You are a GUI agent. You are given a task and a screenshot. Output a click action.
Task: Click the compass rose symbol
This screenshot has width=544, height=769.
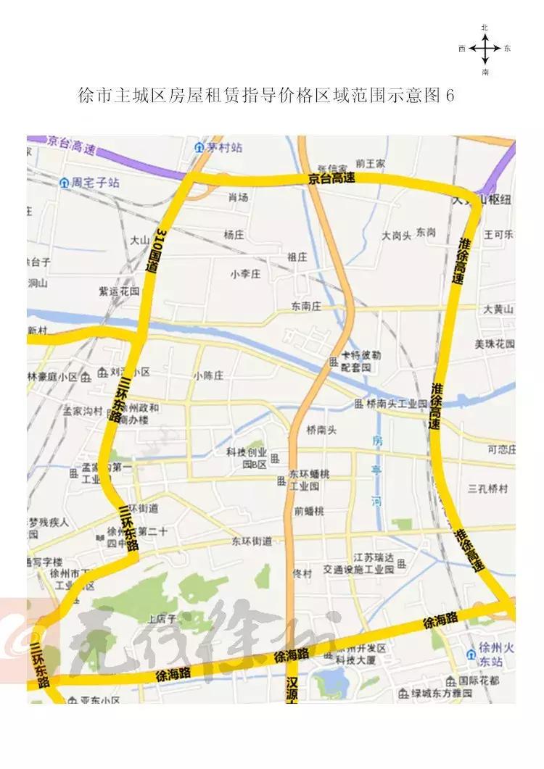coord(485,49)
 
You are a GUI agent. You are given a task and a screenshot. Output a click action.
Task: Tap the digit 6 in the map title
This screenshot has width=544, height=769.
coord(450,96)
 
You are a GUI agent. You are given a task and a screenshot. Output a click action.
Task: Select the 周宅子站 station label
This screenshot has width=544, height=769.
coord(95,183)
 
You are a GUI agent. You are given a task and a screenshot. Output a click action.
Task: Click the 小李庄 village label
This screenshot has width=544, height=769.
coord(245,273)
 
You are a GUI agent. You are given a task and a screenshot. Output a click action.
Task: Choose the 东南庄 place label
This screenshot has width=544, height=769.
coord(305,306)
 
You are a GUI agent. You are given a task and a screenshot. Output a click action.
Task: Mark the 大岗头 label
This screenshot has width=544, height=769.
coord(397,236)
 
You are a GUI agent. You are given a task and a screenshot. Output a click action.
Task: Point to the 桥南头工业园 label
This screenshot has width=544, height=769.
coord(397,403)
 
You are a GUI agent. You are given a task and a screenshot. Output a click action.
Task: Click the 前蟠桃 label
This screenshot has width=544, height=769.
coord(309,511)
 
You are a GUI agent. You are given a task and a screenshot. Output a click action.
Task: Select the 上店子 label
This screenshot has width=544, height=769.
coord(162,619)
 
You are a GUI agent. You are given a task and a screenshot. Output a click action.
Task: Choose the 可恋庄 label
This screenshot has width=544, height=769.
coord(501,449)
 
